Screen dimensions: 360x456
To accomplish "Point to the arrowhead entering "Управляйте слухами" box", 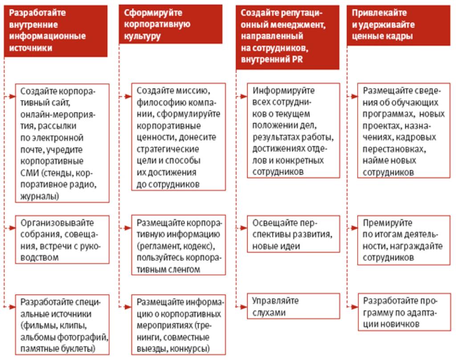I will pos(245,307).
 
